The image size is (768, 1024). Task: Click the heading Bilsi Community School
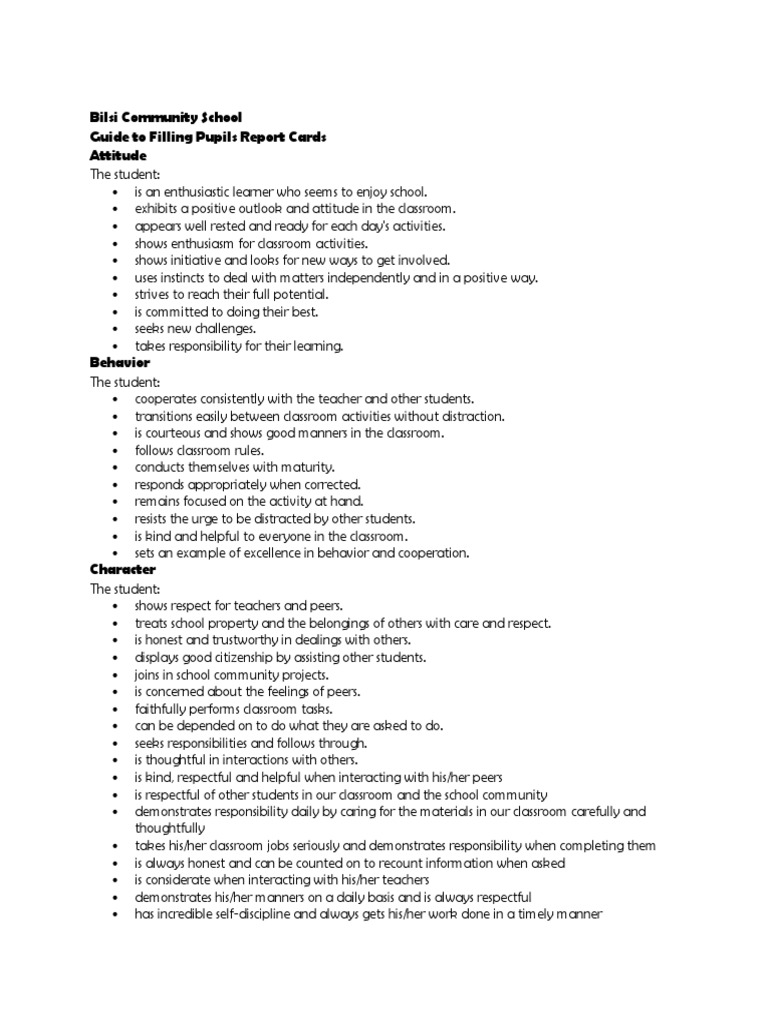click(166, 118)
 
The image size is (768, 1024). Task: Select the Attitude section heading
click(118, 156)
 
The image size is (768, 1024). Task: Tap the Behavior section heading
click(120, 362)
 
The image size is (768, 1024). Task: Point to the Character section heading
click(123, 569)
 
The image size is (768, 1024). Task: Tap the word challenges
click(223, 328)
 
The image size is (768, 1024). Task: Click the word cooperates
click(170, 398)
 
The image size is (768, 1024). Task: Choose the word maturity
click(304, 467)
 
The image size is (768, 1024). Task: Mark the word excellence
click(266, 553)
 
